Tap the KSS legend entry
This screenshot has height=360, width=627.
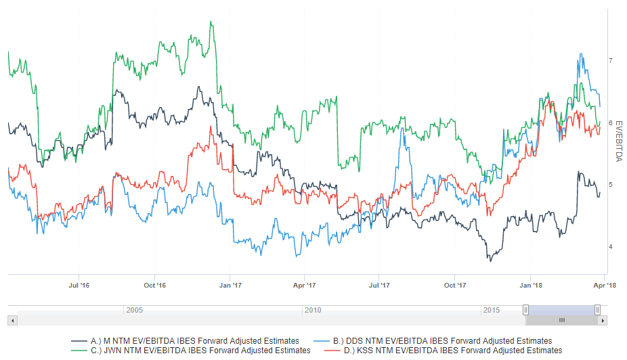[447, 351]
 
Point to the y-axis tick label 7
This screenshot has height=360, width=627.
[610, 61]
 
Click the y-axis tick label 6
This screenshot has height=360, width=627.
[610, 122]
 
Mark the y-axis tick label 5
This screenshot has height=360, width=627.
[610, 184]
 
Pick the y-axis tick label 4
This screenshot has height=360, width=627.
[610, 246]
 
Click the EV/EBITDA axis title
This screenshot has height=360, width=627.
[618, 139]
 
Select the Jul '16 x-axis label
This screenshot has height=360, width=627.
[80, 286]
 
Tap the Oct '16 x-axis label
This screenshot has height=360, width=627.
[155, 286]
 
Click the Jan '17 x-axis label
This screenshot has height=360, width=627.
[231, 286]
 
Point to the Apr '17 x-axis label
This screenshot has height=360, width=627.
[305, 286]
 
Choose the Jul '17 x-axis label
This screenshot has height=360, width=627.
[380, 286]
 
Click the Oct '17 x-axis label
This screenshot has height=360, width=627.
[455, 286]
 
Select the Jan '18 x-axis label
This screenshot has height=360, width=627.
[531, 286]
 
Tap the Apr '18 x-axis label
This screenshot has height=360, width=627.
[605, 286]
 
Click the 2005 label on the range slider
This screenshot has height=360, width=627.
[134, 310]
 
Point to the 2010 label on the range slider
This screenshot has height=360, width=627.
[313, 310]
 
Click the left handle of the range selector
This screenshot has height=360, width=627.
[525, 310]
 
